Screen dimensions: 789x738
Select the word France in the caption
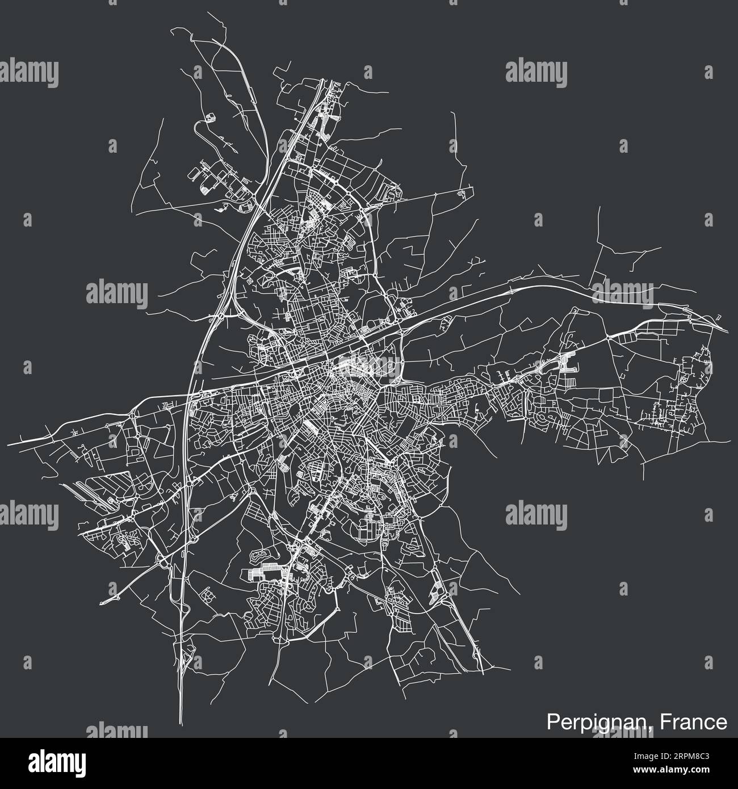698,722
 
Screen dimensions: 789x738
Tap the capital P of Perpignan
552,722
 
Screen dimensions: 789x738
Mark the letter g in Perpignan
602,724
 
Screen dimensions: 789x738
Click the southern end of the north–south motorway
181,718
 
